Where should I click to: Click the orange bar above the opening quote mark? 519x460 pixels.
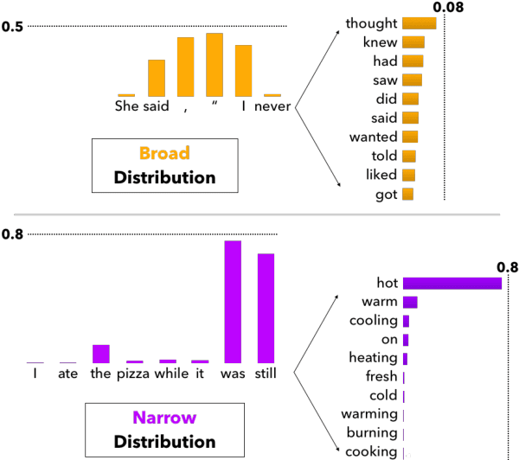215,65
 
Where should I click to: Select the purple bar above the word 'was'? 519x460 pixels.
233,302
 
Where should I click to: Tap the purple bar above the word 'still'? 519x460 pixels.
266,308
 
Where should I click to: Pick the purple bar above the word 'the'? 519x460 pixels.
100,354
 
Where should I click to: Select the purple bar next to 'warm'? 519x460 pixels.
410,302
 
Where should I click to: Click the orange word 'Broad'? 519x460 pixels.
164,154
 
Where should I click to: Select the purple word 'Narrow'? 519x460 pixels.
164,418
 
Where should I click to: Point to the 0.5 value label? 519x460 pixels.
12,28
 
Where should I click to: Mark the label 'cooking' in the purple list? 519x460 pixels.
373,451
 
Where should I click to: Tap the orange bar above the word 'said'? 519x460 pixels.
157,79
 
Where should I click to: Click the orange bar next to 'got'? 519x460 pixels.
408,195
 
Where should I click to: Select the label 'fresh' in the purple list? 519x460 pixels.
381,377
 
